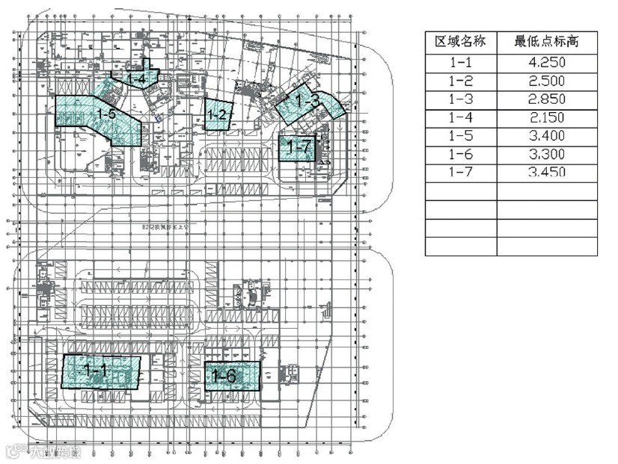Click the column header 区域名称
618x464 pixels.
point(460,41)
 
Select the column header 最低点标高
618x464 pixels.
point(546,41)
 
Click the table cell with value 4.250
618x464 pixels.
point(546,63)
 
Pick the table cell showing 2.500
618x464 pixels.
point(546,81)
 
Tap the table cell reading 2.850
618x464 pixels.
point(546,99)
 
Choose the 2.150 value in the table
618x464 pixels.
point(546,117)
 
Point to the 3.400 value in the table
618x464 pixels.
point(546,136)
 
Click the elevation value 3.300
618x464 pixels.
point(546,155)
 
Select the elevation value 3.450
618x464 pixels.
point(546,173)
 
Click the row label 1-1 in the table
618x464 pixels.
point(460,63)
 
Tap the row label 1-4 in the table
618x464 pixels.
point(460,117)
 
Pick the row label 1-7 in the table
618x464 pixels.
point(460,173)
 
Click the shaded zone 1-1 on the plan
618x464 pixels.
point(101,371)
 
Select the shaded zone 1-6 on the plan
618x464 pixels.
point(232,376)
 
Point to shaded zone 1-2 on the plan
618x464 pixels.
point(218,115)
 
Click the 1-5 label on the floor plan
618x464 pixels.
point(105,114)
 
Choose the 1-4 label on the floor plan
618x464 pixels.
point(136,77)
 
